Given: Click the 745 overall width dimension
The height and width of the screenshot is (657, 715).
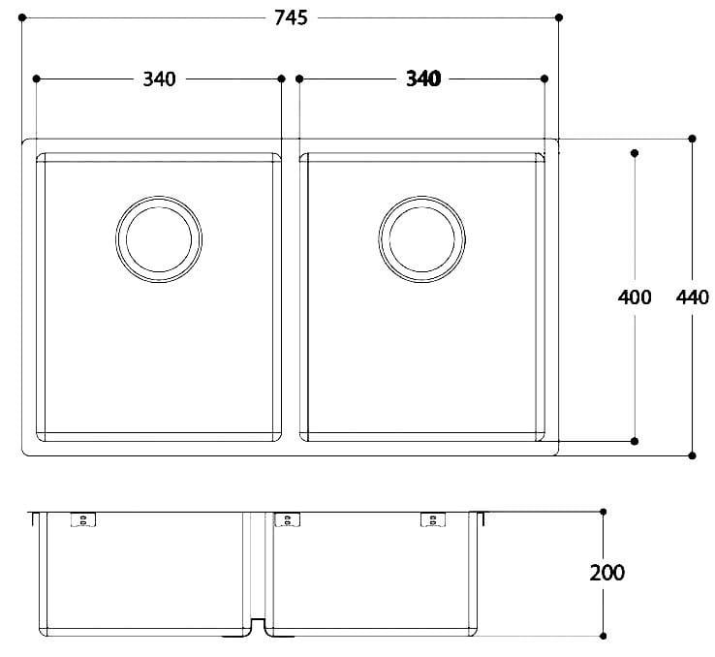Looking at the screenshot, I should [291, 18].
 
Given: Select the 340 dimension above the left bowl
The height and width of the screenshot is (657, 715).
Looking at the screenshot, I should [159, 79].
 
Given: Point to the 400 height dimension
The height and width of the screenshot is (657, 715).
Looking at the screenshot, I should [635, 297].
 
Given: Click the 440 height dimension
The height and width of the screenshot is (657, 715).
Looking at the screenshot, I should [693, 297].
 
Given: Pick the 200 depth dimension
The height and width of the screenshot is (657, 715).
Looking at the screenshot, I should [606, 572].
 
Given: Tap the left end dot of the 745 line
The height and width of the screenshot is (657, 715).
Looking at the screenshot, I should [22, 17].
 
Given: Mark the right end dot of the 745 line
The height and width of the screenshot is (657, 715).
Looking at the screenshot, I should [559, 17].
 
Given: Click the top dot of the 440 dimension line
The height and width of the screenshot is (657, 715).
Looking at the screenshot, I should [692, 139].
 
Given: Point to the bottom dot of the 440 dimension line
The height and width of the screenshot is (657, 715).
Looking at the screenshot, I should [692, 454].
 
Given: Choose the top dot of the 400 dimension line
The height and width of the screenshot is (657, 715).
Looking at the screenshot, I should [635, 153].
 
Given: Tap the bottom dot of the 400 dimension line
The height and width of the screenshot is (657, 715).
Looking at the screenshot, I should [635, 441].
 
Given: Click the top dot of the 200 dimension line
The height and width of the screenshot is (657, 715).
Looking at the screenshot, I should [604, 511].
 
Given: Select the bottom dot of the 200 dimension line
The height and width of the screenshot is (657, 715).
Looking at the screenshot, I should [604, 635].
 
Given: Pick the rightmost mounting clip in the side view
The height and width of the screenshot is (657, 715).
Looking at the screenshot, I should [428, 520].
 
